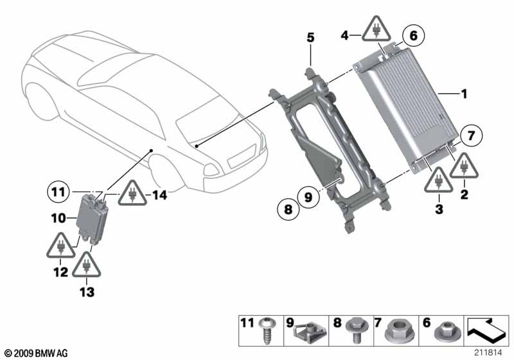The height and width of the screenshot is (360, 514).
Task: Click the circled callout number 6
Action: (413, 35)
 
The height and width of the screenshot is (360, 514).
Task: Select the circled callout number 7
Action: (471, 135)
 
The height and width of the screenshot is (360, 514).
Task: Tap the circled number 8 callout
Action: (288, 208)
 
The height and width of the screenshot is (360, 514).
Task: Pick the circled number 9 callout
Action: (308, 197)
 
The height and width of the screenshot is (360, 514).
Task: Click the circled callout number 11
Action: (58, 192)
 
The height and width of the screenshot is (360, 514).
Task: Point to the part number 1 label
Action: (464, 94)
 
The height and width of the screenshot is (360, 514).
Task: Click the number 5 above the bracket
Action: (310, 37)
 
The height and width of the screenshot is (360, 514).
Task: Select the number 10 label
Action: (58, 218)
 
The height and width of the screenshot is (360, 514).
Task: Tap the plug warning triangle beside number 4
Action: (376, 30)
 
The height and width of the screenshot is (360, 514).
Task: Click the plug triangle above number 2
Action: (464, 166)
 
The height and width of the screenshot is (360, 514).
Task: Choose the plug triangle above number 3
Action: (439, 181)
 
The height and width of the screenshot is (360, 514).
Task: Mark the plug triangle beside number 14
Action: (132, 194)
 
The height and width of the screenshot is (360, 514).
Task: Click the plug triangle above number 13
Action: (87, 265)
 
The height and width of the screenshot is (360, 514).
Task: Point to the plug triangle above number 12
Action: (60, 246)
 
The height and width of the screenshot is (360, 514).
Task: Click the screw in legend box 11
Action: (267, 330)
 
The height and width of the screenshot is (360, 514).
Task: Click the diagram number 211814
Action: (488, 353)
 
